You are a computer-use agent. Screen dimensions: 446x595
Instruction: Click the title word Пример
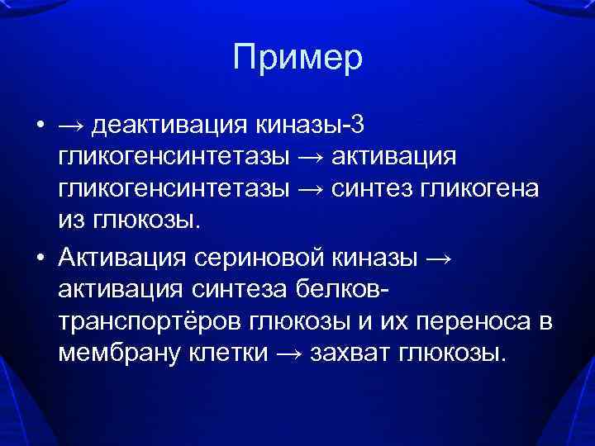(x=297, y=58)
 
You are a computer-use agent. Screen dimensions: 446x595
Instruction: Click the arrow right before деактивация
(x=71, y=126)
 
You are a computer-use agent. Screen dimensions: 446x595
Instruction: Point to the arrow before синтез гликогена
(x=312, y=189)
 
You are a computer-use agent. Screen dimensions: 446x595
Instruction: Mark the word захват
(x=350, y=353)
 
